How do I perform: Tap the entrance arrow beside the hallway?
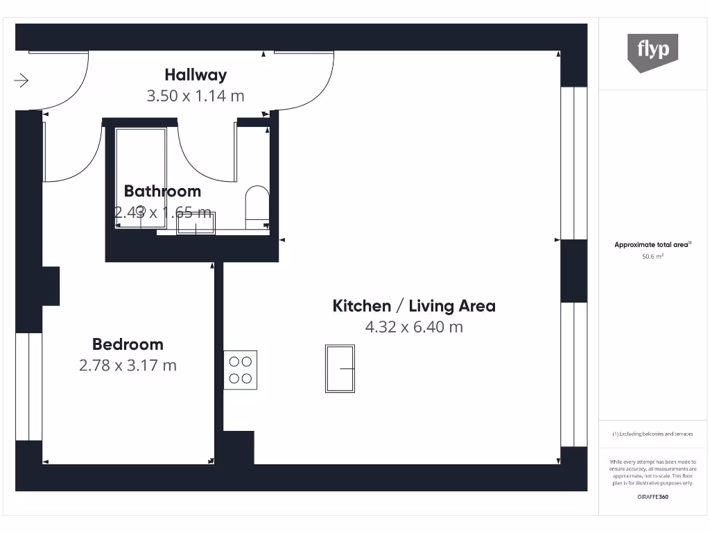pos(21,81)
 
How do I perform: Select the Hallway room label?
pos(196,74)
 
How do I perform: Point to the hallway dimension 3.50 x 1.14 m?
pos(196,96)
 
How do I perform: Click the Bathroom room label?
pos(162,191)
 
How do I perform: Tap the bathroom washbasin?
pos(196,223)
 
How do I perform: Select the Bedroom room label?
pos(128,344)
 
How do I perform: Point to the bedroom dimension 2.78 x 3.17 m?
pos(128,365)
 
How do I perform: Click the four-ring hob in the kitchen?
pos(241,370)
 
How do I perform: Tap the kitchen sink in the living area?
pos(340,369)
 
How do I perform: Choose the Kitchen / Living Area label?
pos(414,305)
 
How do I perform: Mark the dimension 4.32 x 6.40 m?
pos(414,327)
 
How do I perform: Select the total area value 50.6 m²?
pos(652,256)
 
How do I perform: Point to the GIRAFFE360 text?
pos(652,497)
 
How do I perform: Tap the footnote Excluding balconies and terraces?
pos(652,434)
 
